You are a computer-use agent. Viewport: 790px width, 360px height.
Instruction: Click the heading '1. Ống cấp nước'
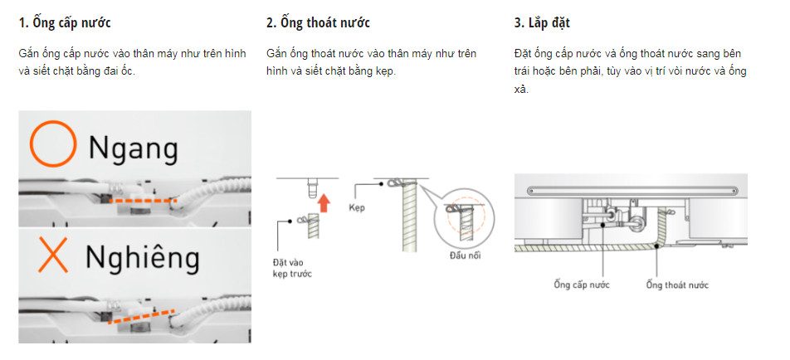pyautogui.click(x=65, y=23)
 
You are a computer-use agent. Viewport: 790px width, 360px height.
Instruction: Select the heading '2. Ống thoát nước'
pyautogui.click(x=318, y=23)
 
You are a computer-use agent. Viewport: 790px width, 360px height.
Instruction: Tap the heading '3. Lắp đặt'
pyautogui.click(x=542, y=23)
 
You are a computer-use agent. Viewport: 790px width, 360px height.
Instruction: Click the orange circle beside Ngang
pyautogui.click(x=53, y=144)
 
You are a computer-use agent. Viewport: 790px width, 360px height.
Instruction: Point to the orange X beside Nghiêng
pyautogui.click(x=53, y=255)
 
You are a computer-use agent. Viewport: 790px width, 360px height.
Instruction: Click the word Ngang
pyautogui.click(x=134, y=149)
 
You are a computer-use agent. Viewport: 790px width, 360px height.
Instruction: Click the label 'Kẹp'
pyautogui.click(x=356, y=208)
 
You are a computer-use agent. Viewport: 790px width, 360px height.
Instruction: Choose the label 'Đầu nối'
pyautogui.click(x=465, y=255)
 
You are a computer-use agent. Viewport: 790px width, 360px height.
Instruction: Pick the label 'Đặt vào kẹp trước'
pyautogui.click(x=292, y=268)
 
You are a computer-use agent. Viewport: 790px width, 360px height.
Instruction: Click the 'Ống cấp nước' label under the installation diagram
pyautogui.click(x=582, y=285)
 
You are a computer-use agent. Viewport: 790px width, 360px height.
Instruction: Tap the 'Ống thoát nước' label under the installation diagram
pyautogui.click(x=677, y=285)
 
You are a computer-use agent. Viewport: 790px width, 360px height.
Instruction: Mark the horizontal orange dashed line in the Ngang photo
pyautogui.click(x=143, y=201)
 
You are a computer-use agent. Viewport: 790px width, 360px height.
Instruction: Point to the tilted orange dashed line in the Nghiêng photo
pyautogui.click(x=141, y=317)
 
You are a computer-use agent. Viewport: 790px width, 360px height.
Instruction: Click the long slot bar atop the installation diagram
pyautogui.click(x=632, y=191)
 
